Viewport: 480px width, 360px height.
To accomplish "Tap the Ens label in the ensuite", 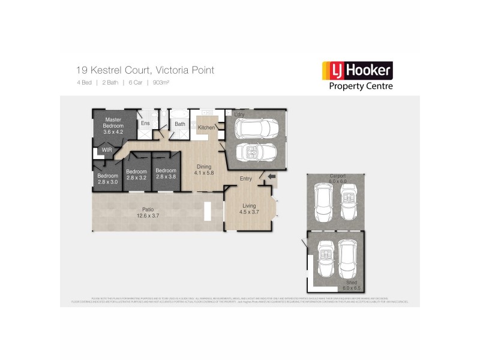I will [145, 124].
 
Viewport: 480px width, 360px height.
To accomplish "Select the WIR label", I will [106, 150].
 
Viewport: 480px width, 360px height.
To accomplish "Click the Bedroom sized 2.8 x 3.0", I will [108, 179].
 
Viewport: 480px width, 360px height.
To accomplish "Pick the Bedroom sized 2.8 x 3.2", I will [137, 175].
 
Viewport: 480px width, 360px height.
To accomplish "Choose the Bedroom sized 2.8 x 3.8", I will [166, 174].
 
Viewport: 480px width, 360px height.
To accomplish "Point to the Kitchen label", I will [206, 128].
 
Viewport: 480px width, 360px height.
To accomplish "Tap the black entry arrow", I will [272, 176].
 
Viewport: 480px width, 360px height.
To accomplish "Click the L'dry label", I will [239, 114].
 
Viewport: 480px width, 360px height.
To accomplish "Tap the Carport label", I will [337, 177].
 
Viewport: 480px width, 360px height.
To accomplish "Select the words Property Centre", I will [361, 86].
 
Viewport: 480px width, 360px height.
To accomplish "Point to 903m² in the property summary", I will [161, 83].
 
